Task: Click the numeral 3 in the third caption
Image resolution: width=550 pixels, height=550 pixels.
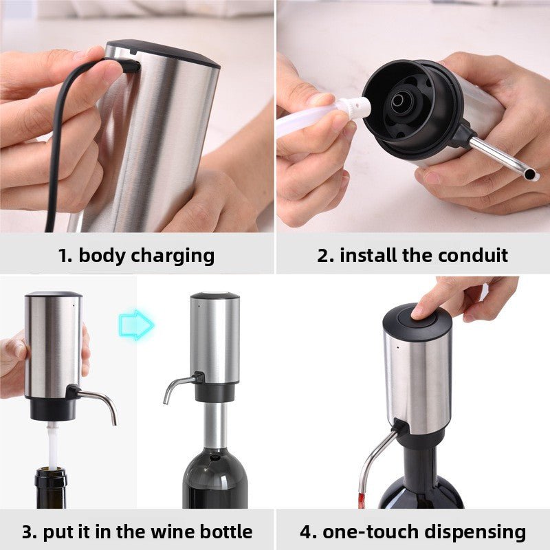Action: pos(28,531)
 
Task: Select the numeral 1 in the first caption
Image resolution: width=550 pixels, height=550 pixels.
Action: pos(63,256)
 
